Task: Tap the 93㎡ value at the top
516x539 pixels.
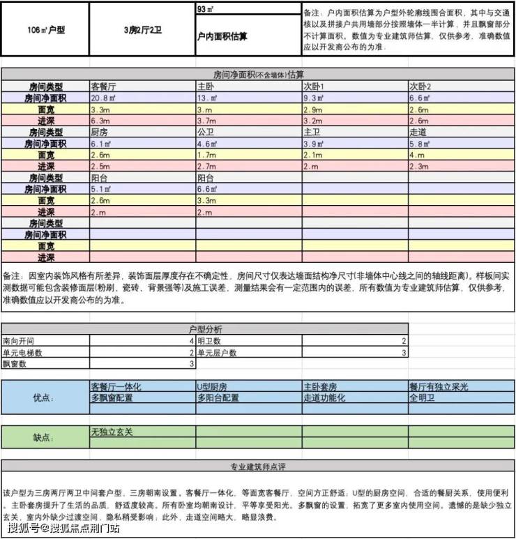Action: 206,9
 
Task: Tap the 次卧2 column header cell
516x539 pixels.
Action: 420,87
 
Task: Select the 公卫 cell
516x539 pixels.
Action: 205,132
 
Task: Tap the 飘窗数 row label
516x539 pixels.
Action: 15,363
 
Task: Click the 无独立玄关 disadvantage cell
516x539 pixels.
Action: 112,432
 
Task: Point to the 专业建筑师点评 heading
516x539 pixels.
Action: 258,466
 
